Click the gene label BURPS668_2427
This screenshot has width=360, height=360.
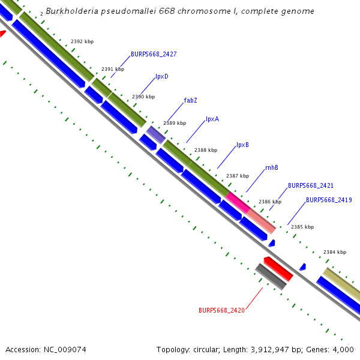point(154,54)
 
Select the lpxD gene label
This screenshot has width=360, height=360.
point(161,76)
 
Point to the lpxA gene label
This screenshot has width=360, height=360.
point(212,119)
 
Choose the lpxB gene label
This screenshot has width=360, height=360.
point(242,145)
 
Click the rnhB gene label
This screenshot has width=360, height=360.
point(272,167)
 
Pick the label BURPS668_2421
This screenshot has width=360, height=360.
point(311,186)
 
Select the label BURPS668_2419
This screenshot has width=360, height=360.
point(329,200)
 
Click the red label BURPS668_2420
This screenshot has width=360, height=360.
point(221,310)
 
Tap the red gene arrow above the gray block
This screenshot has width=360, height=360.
point(278,268)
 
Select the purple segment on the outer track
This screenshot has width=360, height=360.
point(156,134)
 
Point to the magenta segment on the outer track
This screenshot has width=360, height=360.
point(238,201)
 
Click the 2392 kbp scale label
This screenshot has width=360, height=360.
point(82,41)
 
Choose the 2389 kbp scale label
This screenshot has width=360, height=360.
point(175,123)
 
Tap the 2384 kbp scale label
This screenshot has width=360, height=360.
point(335,252)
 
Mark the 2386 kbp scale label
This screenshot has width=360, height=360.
point(270,202)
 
